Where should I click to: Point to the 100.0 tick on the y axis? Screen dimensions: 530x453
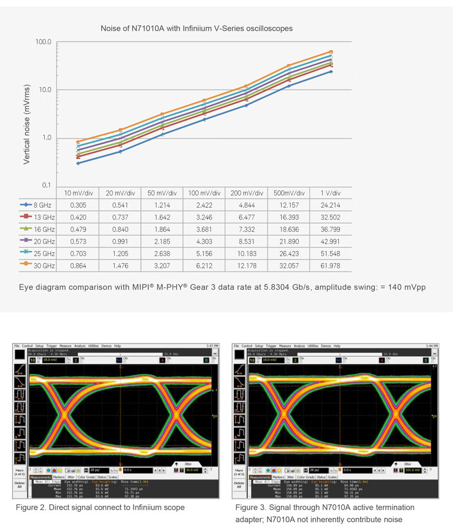pos(44,42)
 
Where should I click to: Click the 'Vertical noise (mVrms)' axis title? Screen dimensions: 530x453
pos(27,124)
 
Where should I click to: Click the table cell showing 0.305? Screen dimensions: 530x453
pos(79,204)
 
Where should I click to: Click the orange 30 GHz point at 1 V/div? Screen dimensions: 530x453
pos(331,52)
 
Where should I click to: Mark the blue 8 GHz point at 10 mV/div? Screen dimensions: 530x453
pos(79,163)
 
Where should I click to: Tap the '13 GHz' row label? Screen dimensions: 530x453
pos(43,217)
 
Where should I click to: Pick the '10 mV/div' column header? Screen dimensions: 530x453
pos(79,193)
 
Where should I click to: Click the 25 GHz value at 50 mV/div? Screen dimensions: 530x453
pos(162,254)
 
